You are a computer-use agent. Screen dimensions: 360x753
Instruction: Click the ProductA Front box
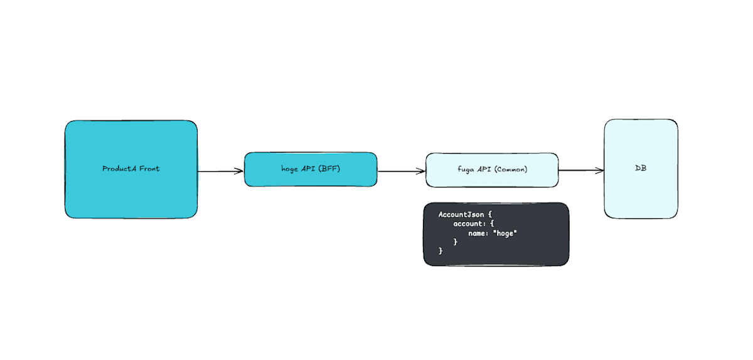point(131,188)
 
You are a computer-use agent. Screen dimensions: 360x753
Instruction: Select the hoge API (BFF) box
point(311,178)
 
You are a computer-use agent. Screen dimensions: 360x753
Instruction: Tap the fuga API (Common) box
point(492,178)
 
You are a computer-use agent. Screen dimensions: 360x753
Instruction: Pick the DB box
point(641,188)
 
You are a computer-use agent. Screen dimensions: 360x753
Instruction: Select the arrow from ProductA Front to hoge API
point(220,171)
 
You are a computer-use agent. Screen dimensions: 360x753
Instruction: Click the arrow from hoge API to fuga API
point(400,171)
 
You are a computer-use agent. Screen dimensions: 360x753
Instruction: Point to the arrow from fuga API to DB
point(580,170)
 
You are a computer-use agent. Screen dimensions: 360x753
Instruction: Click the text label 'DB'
point(641,169)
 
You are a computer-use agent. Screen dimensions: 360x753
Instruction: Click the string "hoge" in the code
point(505,233)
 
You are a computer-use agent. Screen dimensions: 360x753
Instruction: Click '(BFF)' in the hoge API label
point(329,169)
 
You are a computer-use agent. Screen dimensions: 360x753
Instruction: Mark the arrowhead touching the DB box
point(600,170)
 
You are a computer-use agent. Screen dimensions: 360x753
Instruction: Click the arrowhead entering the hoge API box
point(239,171)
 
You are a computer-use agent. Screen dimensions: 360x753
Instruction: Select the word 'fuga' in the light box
point(467,169)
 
